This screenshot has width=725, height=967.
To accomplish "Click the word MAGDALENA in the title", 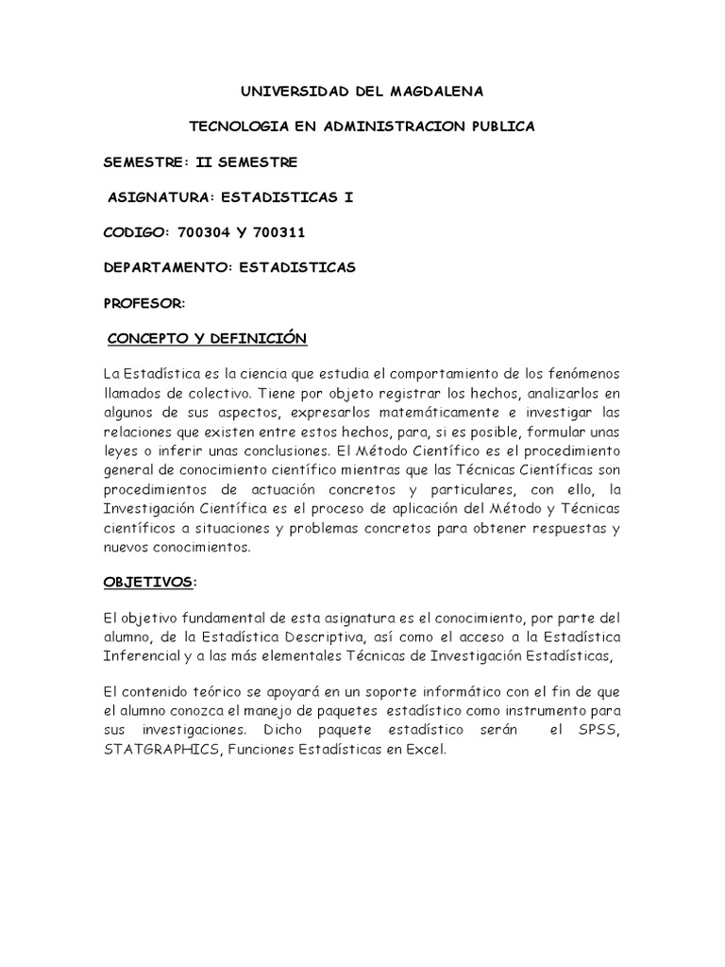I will pos(433,91).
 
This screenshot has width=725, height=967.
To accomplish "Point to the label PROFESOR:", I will pos(144,303).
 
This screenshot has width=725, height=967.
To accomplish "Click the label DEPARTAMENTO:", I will pos(168,267).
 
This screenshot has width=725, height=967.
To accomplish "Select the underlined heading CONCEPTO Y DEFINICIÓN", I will pos(208,338).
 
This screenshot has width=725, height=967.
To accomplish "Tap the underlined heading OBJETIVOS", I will pos(147,583).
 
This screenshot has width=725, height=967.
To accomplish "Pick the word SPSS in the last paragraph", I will pos(600,732).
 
